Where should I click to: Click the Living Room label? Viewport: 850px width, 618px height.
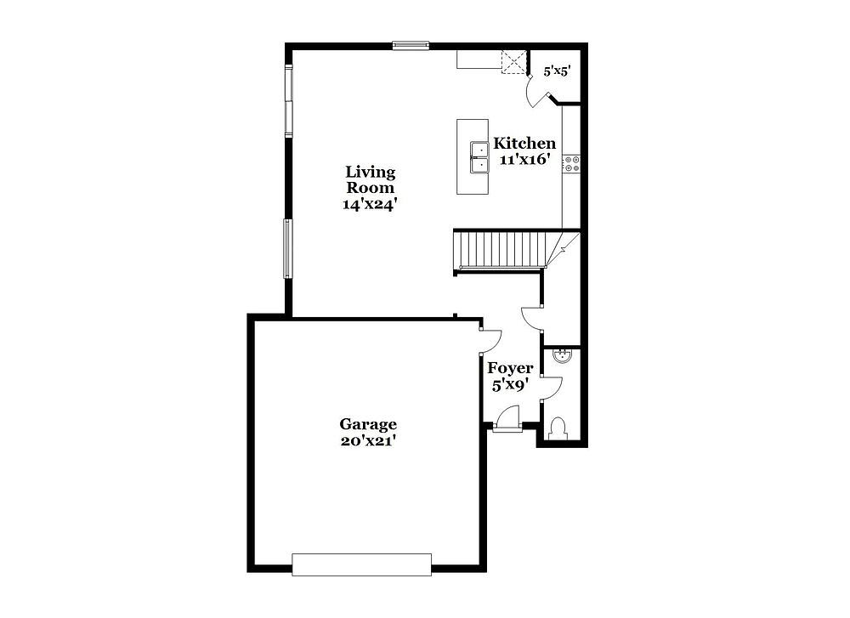tap(371, 180)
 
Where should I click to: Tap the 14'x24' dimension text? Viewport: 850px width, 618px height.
tap(371, 204)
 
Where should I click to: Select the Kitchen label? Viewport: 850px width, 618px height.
tap(524, 144)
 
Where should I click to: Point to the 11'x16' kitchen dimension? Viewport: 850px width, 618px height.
tap(525, 159)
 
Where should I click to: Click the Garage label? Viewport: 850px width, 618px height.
tap(368, 424)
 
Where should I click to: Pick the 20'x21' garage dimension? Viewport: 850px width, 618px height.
tap(368, 440)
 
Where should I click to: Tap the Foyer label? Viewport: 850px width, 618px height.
tap(510, 369)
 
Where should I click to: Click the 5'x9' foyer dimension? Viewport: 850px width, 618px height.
tap(510, 385)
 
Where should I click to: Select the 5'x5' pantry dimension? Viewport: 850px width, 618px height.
tap(558, 71)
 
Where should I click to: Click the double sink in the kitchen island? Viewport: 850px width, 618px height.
tap(479, 157)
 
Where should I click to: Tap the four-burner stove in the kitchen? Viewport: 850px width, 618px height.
tap(572, 164)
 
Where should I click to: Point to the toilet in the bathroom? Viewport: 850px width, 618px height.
tap(558, 428)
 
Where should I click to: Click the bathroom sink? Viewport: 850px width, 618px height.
tap(562, 356)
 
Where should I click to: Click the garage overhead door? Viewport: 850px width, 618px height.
tap(361, 564)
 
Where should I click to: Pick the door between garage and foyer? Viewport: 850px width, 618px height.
tap(490, 340)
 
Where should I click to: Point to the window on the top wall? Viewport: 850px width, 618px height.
tap(411, 46)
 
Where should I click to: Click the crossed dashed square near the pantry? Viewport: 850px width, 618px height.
tap(514, 62)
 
